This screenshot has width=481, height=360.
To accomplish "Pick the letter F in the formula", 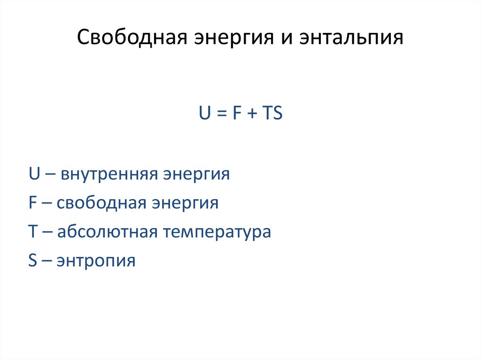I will click(235, 114).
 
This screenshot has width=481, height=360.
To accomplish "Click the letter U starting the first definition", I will click(33, 175).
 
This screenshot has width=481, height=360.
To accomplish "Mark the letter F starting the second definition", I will click(32, 203).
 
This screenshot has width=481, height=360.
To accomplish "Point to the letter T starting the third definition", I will click(32, 232).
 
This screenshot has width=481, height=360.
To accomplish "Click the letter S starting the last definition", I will click(32, 260).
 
